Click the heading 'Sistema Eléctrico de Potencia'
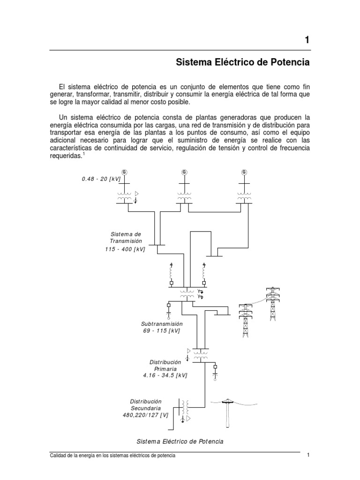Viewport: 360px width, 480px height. click(x=242, y=62)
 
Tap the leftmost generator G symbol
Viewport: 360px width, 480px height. click(x=125, y=172)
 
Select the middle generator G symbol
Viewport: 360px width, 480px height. click(x=184, y=172)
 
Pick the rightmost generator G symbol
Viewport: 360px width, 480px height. click(x=244, y=172)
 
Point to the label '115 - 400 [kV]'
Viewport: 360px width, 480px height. click(x=125, y=249)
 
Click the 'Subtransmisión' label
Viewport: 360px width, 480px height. click(x=161, y=324)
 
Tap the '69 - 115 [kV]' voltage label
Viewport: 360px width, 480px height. click(x=161, y=331)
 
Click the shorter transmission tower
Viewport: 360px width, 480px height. click(x=245, y=320)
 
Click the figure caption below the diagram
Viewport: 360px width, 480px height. click(x=180, y=442)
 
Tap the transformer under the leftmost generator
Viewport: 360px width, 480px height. click(x=125, y=197)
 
